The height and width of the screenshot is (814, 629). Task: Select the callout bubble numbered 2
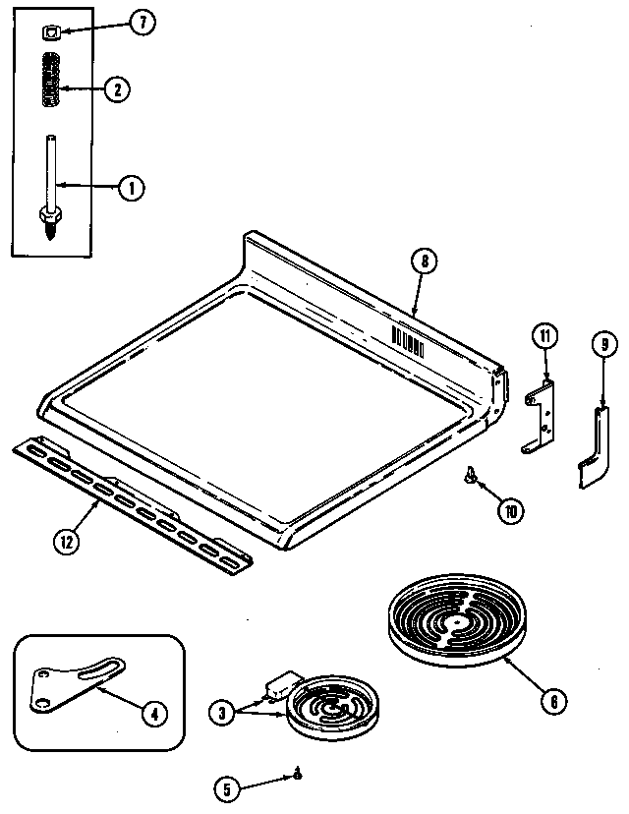coord(116,89)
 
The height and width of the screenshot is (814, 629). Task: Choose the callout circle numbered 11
coord(545,336)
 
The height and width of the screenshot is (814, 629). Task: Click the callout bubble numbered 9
coord(602,344)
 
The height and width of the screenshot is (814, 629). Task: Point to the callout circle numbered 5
coord(227,785)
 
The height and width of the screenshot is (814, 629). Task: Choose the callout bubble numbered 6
coord(553,701)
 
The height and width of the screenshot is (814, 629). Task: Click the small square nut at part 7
coord(51,33)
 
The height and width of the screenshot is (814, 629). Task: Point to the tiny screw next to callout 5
coord(297,777)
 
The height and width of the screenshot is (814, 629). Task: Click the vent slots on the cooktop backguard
coord(408,342)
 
